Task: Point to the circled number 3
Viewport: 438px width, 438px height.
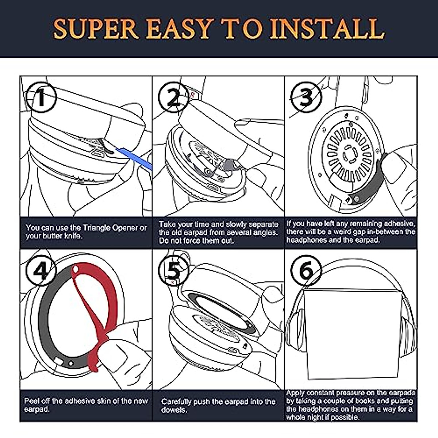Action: pos(306,97)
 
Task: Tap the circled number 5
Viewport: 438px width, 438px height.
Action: pos(173,270)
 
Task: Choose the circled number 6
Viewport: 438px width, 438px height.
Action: pos(306,270)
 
